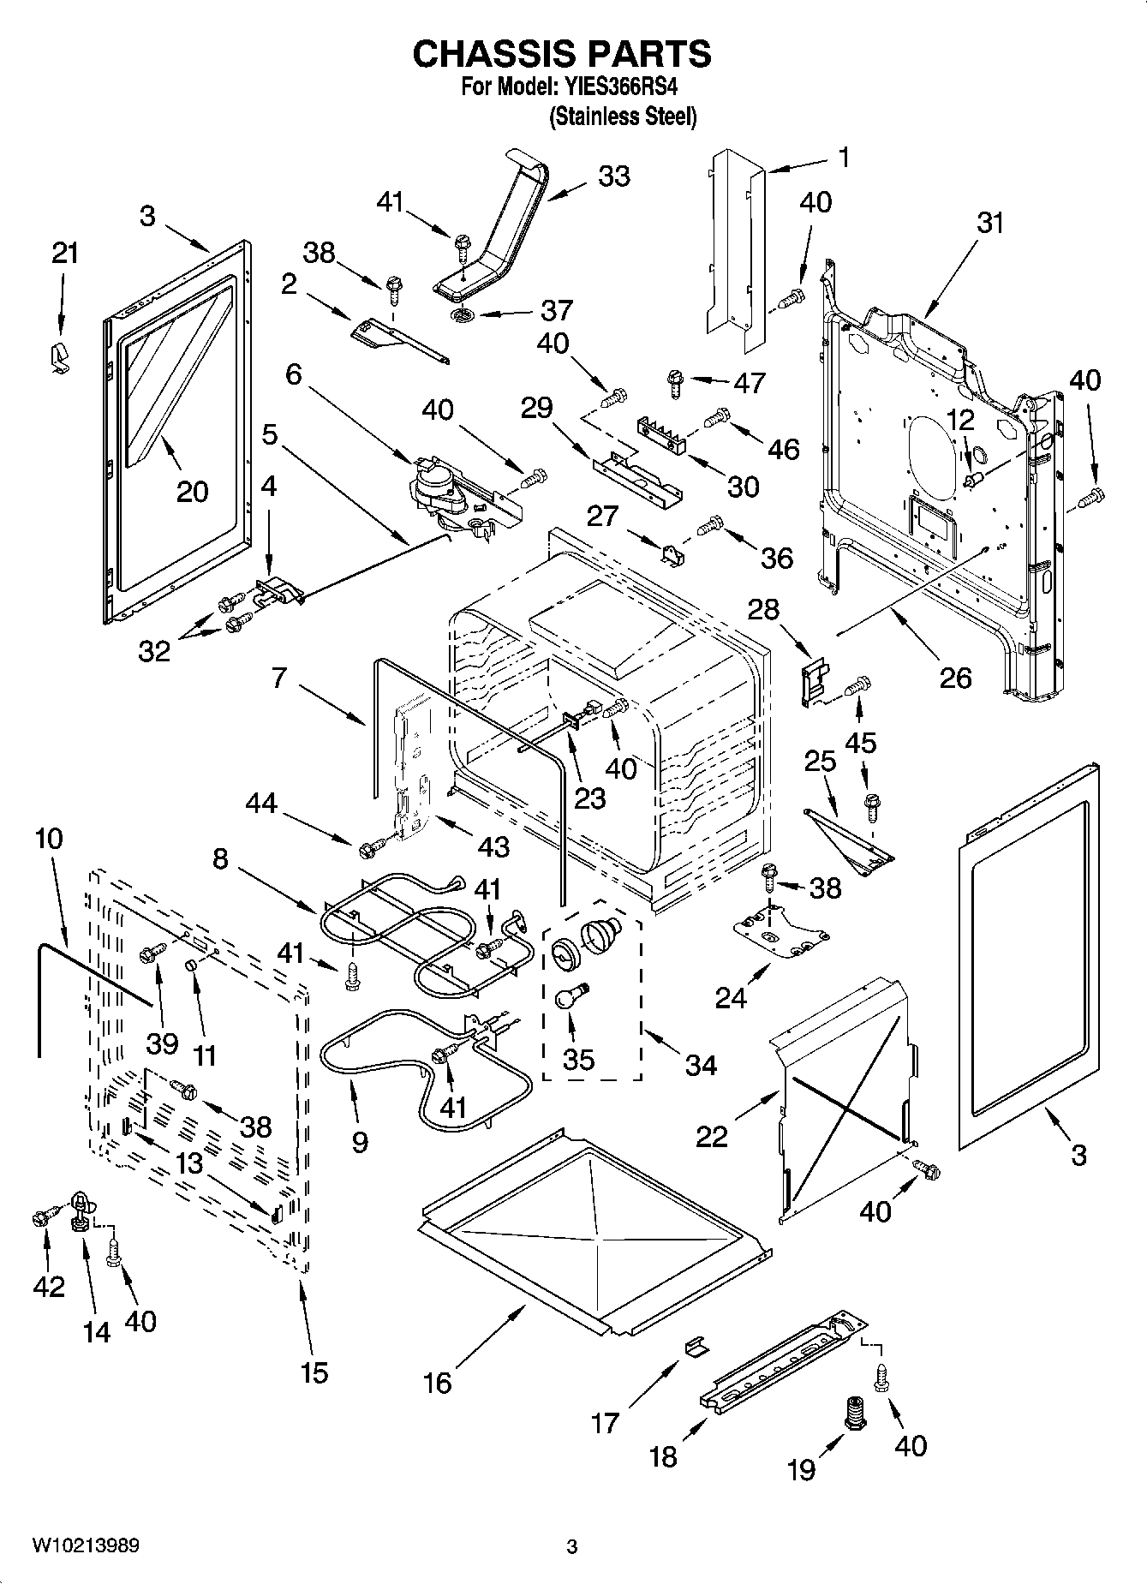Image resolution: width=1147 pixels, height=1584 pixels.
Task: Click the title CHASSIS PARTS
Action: (x=562, y=54)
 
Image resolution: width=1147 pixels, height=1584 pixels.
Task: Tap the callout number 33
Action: (x=614, y=176)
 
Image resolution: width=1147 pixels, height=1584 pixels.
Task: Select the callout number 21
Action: (x=64, y=254)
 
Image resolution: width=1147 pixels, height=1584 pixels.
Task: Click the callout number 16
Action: (x=438, y=1383)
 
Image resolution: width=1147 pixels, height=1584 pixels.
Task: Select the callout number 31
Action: (x=990, y=223)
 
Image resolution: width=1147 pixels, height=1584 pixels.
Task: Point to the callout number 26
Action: (x=955, y=678)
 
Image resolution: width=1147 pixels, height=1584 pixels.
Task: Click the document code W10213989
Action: (x=86, y=1546)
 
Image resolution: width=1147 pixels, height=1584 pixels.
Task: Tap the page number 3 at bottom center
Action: (x=572, y=1547)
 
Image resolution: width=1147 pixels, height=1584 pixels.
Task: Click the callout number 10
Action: (x=49, y=839)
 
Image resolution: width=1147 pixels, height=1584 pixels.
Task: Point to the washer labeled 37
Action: (x=463, y=315)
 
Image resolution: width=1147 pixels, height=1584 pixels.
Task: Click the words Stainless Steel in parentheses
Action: (x=623, y=117)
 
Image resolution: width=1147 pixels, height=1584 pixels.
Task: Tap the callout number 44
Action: (x=261, y=803)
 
